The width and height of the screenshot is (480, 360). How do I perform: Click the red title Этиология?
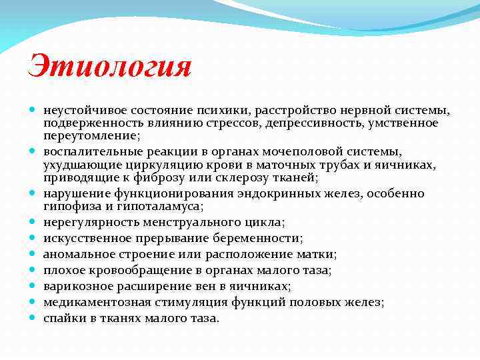[110, 67]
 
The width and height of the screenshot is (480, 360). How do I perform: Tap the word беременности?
[261, 238]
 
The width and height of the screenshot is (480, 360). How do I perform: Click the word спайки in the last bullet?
[62, 318]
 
